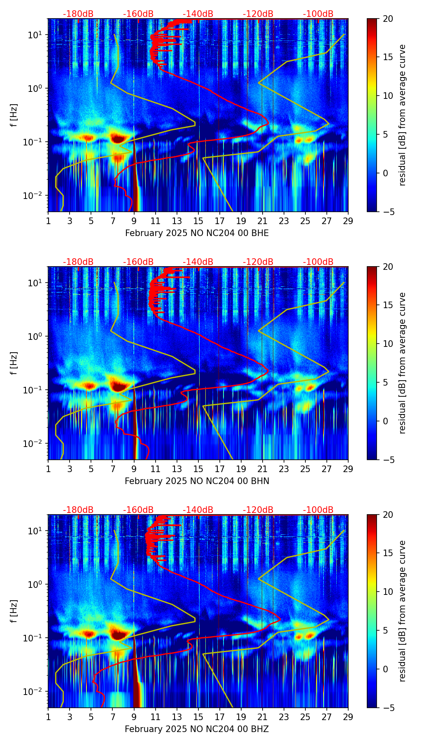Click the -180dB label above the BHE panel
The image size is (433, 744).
[x=78, y=14]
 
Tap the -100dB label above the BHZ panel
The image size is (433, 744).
[x=318, y=510]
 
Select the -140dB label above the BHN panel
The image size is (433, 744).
[x=198, y=262]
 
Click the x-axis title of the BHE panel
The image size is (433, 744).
[x=197, y=233]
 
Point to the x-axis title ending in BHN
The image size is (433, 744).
[x=197, y=481]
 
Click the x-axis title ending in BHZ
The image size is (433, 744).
[x=197, y=729]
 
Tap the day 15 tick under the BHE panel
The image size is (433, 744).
[x=198, y=221]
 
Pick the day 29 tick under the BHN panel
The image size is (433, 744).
[x=348, y=469]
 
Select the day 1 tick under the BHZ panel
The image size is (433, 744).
[x=49, y=717]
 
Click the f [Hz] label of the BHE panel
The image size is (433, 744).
[x=14, y=115]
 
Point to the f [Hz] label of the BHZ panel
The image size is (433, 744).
[x=14, y=611]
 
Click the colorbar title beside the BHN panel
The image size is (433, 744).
[x=402, y=363]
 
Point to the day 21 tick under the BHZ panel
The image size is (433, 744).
[x=263, y=717]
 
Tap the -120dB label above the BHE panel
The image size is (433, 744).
[x=258, y=14]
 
